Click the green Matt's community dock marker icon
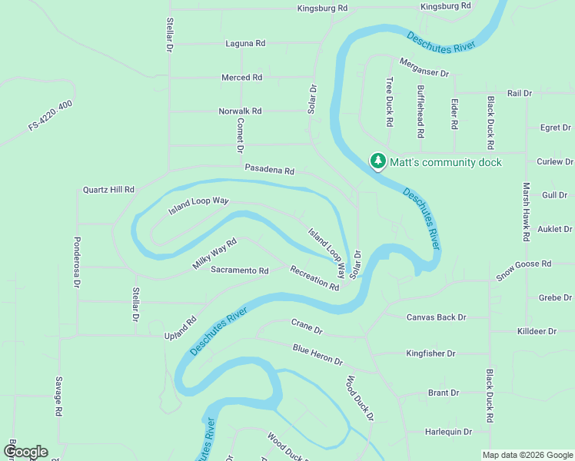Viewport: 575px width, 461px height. (x=377, y=161)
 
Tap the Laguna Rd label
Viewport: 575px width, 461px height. (x=245, y=44)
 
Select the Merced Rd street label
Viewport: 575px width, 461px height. (x=241, y=78)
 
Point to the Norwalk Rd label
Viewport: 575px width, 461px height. (x=240, y=111)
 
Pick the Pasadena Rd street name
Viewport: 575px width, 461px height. (x=270, y=170)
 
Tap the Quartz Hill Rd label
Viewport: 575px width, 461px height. (x=108, y=190)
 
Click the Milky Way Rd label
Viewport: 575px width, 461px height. (x=214, y=254)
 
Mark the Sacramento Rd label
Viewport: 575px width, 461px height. (x=240, y=271)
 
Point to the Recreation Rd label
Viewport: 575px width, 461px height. (x=314, y=277)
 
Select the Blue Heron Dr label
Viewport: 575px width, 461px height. (x=317, y=355)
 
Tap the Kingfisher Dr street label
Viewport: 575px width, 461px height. (x=430, y=354)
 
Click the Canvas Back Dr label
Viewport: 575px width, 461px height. (x=436, y=317)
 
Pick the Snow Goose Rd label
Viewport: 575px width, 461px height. (x=523, y=270)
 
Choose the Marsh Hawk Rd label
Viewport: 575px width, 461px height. (x=527, y=212)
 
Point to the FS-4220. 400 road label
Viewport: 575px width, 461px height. (x=51, y=115)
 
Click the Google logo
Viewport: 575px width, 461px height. (x=25, y=452)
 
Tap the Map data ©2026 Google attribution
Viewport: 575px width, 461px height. (x=527, y=455)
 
